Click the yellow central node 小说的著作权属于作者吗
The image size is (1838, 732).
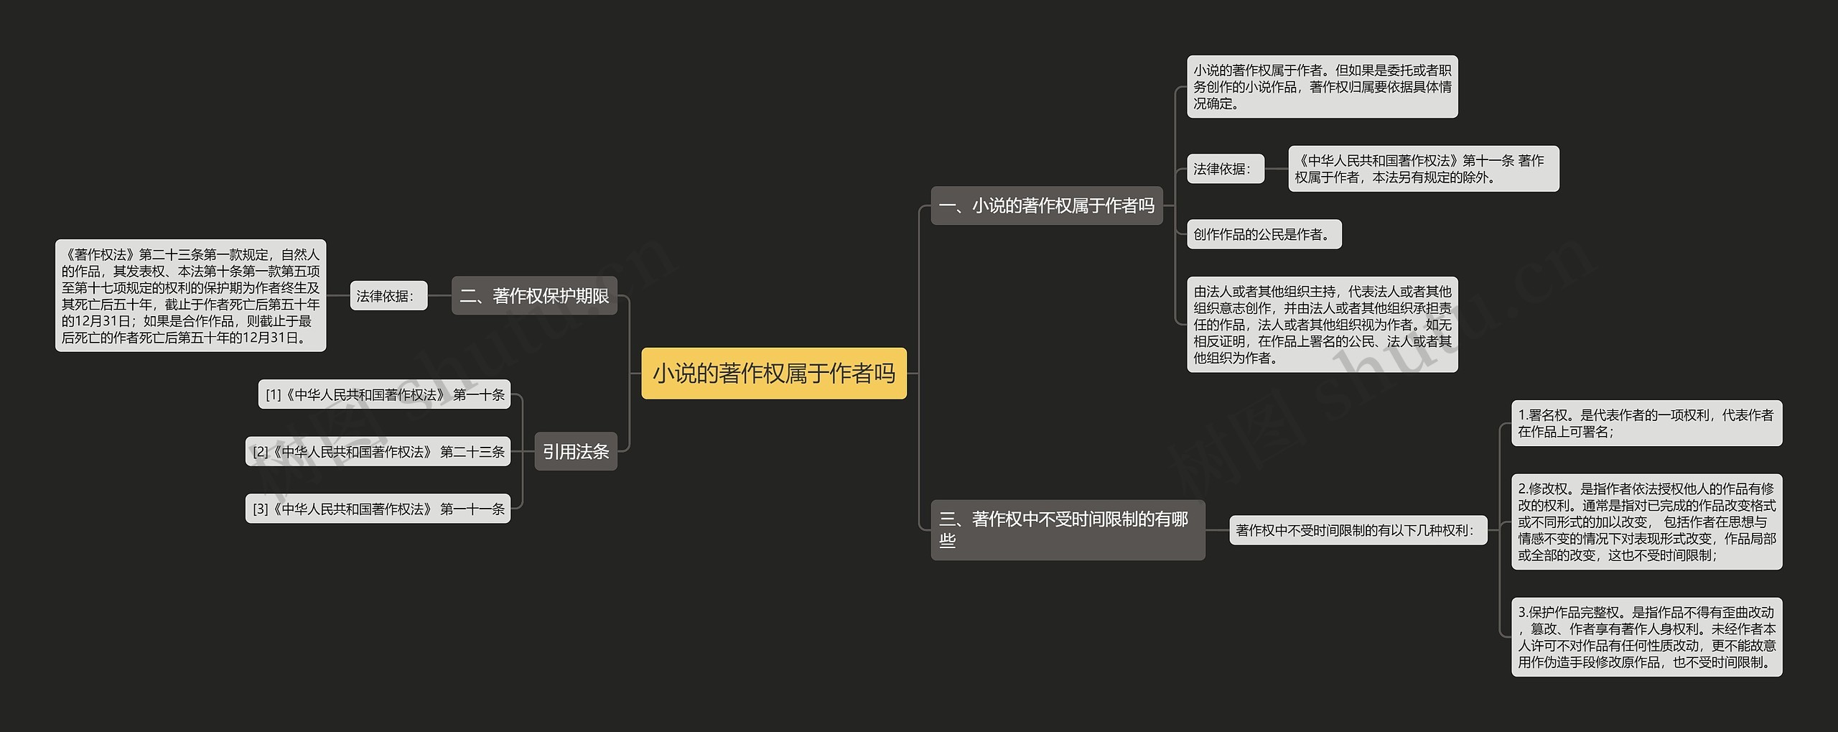pos(773,373)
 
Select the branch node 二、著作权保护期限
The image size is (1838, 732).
pos(534,295)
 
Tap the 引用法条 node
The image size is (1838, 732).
pos(575,451)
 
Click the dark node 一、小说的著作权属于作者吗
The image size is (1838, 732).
pos(1046,205)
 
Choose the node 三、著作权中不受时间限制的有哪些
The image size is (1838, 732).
pos(1067,529)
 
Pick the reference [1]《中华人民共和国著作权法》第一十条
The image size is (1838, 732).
pos(384,394)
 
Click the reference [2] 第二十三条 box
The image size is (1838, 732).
pos(378,451)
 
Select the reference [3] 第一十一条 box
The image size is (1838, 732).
pos(378,509)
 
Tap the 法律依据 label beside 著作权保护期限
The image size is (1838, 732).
pos(388,295)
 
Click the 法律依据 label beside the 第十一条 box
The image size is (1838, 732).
pos(1225,169)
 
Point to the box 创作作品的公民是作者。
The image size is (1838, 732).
pos(1264,234)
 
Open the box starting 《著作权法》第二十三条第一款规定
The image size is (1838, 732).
pos(190,295)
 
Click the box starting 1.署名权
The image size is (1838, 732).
pos(1646,423)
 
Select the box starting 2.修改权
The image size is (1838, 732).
pos(1646,522)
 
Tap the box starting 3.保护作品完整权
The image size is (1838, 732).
pos(1646,636)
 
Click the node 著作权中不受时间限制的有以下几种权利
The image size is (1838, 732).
pos(1357,530)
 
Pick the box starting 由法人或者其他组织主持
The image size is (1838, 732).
pos(1322,324)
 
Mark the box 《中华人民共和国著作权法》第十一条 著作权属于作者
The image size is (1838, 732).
pos(1423,169)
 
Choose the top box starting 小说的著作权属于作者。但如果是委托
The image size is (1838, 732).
pos(1322,86)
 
